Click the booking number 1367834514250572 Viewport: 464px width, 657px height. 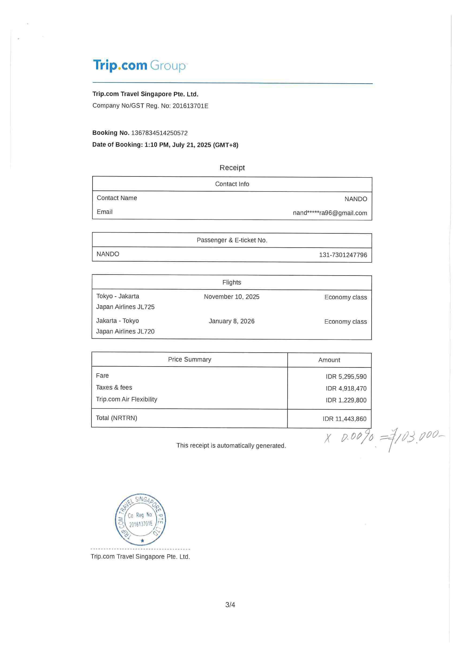click(x=159, y=133)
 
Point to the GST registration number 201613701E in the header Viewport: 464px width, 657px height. click(x=190, y=106)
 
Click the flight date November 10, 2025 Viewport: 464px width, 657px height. click(x=232, y=297)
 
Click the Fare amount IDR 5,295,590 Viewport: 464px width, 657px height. click(x=346, y=377)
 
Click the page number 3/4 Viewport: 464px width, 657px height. click(x=230, y=605)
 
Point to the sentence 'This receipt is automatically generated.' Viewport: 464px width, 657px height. click(x=231, y=446)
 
